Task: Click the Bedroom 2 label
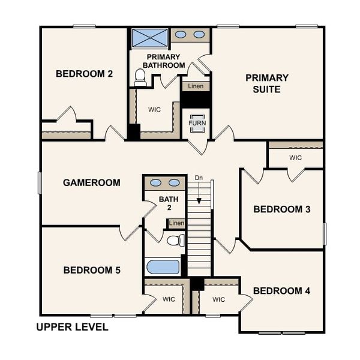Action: pos(84,74)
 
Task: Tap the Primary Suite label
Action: pos(267,83)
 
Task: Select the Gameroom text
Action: pos(91,182)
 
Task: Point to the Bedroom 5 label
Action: pos(92,270)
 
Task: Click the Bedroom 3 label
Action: pos(281,209)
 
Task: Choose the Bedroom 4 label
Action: pos(281,291)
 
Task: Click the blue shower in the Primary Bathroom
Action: pos(149,37)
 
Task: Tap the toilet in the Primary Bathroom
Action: pos(140,76)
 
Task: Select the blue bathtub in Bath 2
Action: pos(163,266)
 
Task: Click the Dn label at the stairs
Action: pos(199,178)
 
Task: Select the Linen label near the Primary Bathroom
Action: pos(196,86)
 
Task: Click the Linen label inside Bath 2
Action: pos(176,223)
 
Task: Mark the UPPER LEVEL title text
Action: pos(72,327)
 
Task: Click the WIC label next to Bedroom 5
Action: pos(169,299)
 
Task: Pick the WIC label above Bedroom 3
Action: pos(295,158)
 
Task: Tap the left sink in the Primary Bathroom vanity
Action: pos(181,34)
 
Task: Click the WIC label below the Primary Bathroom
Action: pos(154,110)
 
